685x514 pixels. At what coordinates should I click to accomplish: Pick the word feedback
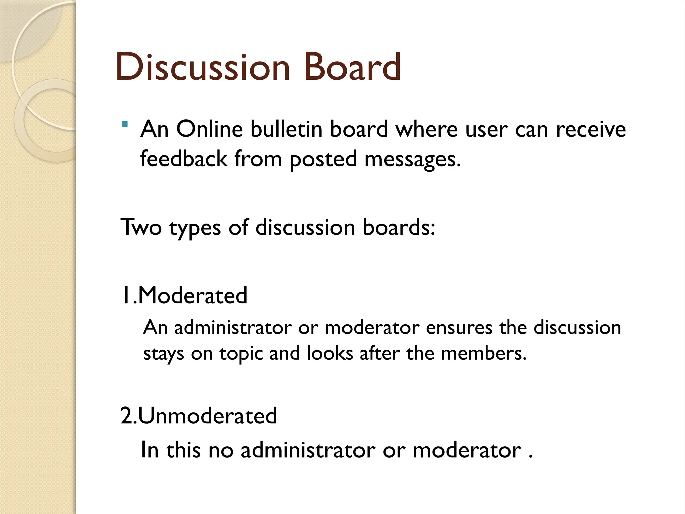[x=184, y=158]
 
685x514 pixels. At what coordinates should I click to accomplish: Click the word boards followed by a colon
[x=399, y=227]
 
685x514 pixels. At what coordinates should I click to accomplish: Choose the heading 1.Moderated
[x=184, y=295]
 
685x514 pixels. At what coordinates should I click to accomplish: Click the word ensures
[x=459, y=327]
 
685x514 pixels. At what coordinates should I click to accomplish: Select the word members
[x=483, y=353]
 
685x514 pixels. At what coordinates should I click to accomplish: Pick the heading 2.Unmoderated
[x=199, y=416]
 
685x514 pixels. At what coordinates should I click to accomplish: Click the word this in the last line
[x=183, y=450]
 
